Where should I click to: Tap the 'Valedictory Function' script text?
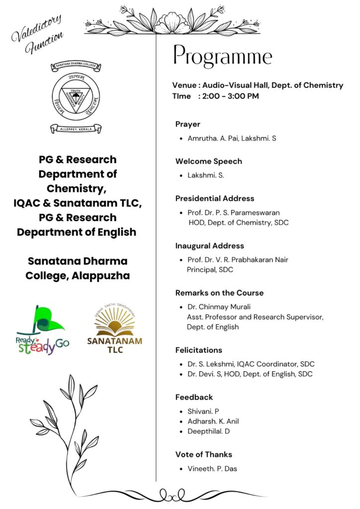[38, 34]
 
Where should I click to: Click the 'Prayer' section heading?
[188, 124]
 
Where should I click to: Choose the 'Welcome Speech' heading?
[209, 162]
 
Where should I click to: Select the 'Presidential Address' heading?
[215, 198]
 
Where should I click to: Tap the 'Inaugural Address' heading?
[209, 246]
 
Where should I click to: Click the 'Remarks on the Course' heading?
[219, 293]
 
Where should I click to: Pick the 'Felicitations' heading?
[198, 350]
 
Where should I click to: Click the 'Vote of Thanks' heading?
[204, 454]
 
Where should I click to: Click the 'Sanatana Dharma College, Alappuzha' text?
[78, 268]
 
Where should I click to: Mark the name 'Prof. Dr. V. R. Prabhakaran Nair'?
[238, 260]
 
